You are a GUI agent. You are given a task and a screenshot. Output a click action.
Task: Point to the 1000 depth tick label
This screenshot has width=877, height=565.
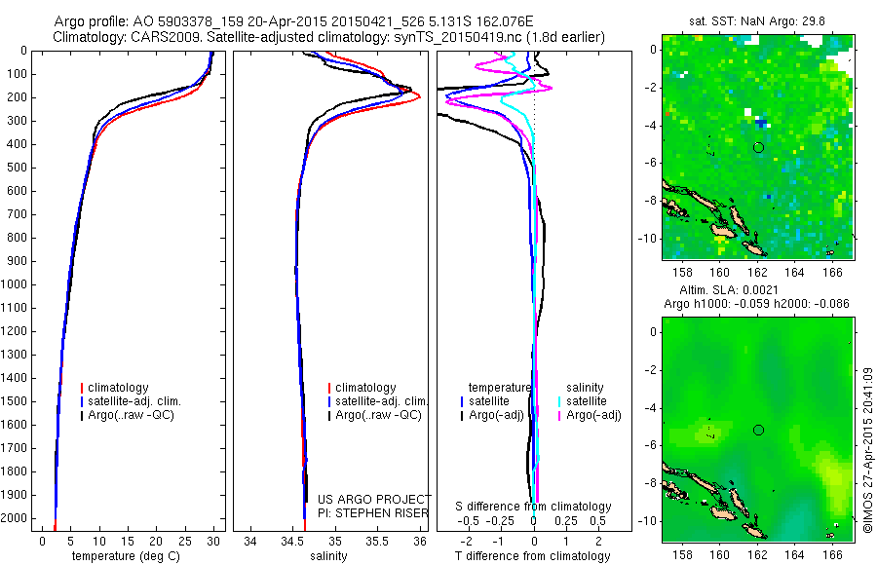pyautogui.click(x=14, y=284)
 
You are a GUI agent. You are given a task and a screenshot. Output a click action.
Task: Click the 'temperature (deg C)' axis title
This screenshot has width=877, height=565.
pyautogui.click(x=125, y=556)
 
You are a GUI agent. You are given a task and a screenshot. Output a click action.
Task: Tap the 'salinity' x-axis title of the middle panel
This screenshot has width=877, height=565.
pyautogui.click(x=328, y=556)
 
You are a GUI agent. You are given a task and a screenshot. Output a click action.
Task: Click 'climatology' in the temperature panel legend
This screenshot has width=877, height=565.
pyautogui.click(x=120, y=388)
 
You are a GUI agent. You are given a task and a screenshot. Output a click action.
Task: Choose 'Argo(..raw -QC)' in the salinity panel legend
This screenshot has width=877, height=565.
pyautogui.click(x=378, y=415)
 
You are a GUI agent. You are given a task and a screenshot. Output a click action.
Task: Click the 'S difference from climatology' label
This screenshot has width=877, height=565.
pyautogui.click(x=533, y=507)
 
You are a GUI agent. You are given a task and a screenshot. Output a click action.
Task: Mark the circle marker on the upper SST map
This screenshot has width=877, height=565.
pyautogui.click(x=758, y=147)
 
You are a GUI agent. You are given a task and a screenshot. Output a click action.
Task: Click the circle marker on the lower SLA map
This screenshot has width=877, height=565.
pyautogui.click(x=758, y=430)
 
